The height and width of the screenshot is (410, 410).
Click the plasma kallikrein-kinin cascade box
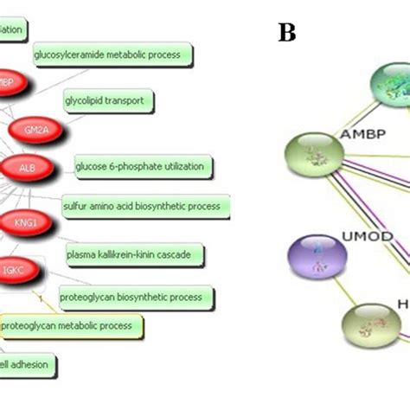click(x=135, y=254)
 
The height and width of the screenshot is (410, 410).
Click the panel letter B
click(x=287, y=33)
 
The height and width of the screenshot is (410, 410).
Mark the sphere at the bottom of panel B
click(x=375, y=327)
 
